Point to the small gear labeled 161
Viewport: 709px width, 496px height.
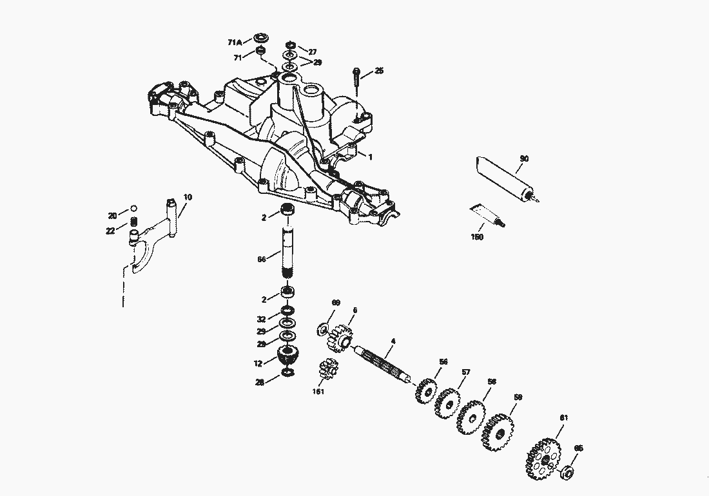coord(329,372)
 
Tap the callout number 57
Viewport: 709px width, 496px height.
coord(466,372)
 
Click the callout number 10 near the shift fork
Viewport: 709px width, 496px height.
coord(188,196)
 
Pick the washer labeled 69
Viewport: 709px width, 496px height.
coord(323,330)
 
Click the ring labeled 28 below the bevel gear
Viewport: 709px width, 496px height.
coord(289,374)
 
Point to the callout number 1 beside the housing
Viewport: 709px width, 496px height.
coord(370,157)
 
